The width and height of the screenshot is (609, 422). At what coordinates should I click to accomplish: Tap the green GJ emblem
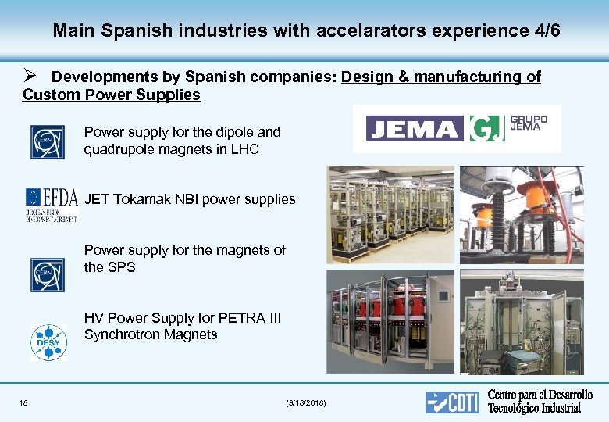point(486,129)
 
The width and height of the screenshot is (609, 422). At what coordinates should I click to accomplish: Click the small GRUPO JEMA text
point(529,123)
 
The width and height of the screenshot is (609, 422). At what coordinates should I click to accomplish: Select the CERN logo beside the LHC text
point(47,142)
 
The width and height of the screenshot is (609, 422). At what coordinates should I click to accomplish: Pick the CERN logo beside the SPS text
point(47,275)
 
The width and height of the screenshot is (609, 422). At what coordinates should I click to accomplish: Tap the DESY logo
point(48,342)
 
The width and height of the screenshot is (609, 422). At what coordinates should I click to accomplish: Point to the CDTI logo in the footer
point(452,401)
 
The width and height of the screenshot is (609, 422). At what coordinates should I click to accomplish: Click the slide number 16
point(24,402)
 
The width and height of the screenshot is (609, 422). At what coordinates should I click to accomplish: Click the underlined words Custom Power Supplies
point(112,95)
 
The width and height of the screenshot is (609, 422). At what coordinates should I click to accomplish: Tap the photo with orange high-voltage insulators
point(521,215)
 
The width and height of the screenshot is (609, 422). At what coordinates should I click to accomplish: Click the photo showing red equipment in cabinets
point(390,320)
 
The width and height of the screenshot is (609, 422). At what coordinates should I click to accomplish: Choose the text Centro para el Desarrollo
point(540,395)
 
